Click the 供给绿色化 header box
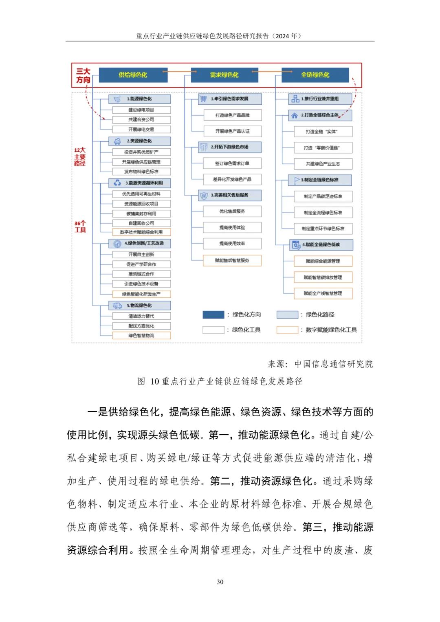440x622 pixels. [x=133, y=75]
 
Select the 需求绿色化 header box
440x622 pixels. [x=224, y=75]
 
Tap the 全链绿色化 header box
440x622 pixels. [x=315, y=75]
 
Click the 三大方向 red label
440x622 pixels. [x=83, y=76]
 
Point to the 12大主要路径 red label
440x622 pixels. [x=80, y=157]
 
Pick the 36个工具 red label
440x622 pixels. [x=80, y=226]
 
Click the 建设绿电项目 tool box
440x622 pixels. [x=141, y=110]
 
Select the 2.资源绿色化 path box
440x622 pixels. [x=139, y=141]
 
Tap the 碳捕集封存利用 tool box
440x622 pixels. [x=141, y=213]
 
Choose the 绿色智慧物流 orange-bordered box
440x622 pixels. [x=141, y=336]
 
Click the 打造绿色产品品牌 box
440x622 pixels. [x=232, y=115]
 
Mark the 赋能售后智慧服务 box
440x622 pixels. [x=232, y=260]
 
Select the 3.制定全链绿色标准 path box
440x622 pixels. [x=320, y=180]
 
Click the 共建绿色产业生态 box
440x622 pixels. [x=323, y=164]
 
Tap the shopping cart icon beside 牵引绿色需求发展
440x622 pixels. [x=203, y=99]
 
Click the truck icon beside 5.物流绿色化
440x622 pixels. [x=117, y=306]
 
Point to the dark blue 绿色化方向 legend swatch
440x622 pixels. [x=213, y=314]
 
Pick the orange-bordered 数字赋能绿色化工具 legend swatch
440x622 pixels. [x=287, y=330]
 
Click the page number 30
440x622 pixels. [x=220, y=582]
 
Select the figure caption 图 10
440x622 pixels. [x=220, y=381]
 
